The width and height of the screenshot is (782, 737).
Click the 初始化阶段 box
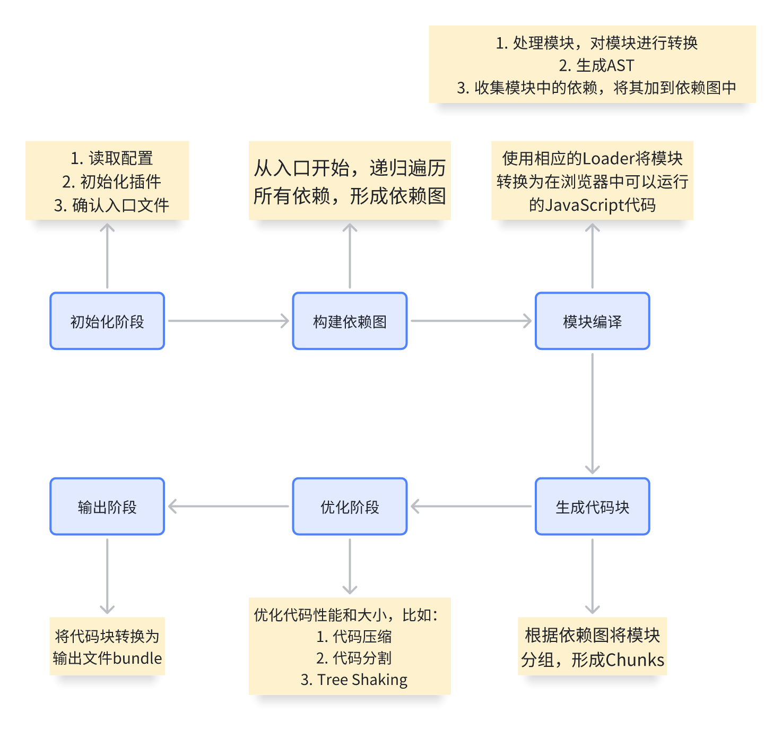107,321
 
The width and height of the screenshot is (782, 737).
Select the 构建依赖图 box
350,321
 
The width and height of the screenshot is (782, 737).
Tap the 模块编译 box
592,321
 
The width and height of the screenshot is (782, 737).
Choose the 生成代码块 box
592,507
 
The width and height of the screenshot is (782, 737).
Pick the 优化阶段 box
350,507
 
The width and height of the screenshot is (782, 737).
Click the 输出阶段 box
107,507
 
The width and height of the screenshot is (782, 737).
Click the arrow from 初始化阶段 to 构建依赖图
228,321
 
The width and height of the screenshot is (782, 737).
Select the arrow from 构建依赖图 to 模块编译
471,321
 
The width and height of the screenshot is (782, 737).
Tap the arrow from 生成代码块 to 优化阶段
471,507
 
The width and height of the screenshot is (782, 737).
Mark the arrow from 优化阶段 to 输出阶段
228,507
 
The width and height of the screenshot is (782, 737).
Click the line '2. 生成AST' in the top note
596,65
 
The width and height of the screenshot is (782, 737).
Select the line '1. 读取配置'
111,158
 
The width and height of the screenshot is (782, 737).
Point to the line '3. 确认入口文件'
111,205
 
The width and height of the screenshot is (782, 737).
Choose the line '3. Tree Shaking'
354,680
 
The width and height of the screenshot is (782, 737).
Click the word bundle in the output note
137,658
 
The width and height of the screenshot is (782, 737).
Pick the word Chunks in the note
635,660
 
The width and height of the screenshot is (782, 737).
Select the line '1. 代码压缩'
354,636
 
